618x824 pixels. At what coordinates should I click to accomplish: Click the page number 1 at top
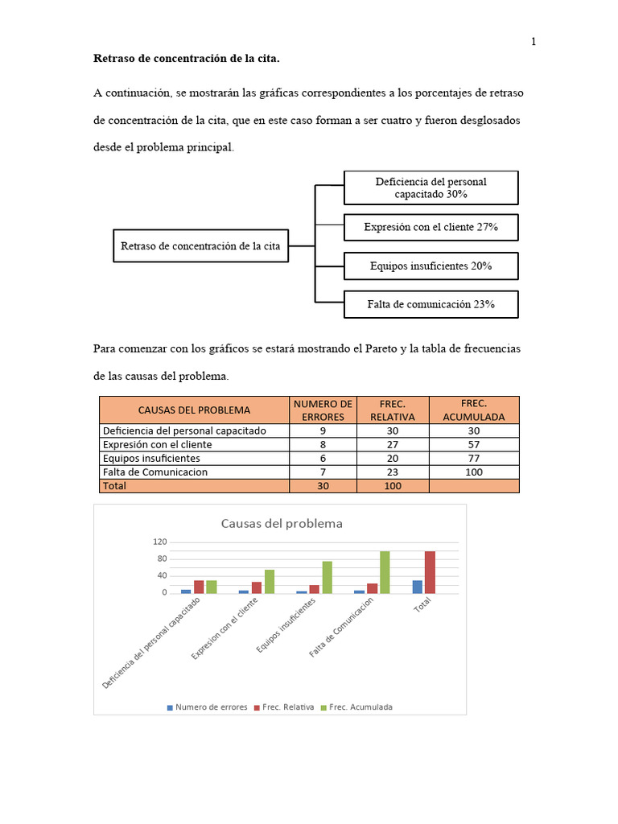click(533, 43)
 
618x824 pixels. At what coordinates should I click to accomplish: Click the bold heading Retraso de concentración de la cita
click(187, 59)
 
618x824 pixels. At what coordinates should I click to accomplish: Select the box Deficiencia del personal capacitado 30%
click(431, 187)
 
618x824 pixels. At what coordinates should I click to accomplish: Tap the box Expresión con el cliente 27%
click(431, 228)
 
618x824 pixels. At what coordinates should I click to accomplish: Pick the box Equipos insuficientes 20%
click(431, 266)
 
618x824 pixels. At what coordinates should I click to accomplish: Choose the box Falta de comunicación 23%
click(431, 304)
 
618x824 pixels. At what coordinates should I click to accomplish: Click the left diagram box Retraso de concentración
click(200, 246)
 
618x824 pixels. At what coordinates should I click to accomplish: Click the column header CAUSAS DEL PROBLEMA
click(194, 410)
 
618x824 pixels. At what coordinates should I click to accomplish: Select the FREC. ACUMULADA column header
click(474, 410)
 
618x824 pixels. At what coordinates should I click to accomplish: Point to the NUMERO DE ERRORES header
click(323, 410)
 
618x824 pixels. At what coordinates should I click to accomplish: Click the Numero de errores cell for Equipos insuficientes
click(323, 458)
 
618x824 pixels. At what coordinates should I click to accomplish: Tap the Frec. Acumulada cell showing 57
click(474, 444)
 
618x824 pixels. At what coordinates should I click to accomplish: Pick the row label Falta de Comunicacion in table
click(154, 472)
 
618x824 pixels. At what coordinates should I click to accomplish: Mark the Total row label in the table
click(114, 486)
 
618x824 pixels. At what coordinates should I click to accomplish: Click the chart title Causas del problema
click(282, 523)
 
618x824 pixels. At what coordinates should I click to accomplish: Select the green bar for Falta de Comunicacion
click(385, 572)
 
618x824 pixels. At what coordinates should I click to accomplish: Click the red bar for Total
click(430, 572)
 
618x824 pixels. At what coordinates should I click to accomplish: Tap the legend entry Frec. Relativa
click(285, 707)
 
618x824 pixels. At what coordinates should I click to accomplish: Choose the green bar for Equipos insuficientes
click(327, 577)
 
